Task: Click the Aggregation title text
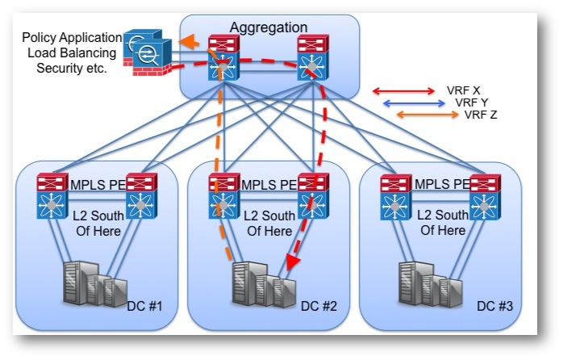tap(269, 27)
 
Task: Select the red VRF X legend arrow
tap(403, 91)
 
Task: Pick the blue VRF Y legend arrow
tap(415, 103)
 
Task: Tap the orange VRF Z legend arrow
tap(427, 115)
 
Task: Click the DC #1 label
tap(144, 306)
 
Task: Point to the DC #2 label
tap(319, 306)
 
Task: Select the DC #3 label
tap(494, 306)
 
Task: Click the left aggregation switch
tap(223, 58)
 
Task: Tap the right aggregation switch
tap(313, 58)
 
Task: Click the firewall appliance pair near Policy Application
tap(148, 52)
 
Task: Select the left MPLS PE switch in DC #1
tap(52, 196)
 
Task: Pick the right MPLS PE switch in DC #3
tap(485, 197)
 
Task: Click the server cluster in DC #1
tap(95, 284)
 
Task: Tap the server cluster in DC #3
tap(431, 284)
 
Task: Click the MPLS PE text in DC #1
tap(98, 185)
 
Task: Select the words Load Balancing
tap(72, 52)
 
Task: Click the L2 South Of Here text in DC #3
tap(443, 223)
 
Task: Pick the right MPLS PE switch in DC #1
tap(141, 196)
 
